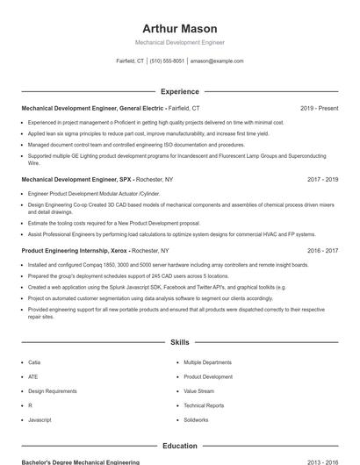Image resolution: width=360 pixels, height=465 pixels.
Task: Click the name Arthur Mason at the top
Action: (179, 28)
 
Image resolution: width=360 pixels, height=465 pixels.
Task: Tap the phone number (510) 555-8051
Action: (167, 61)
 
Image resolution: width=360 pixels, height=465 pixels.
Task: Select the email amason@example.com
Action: (217, 61)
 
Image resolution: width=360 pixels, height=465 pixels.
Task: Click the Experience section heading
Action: (179, 91)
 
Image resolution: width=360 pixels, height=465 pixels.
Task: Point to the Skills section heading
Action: (179, 341)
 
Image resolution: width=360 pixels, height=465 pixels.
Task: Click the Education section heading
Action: (179, 446)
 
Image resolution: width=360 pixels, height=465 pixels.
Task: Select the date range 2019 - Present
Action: (319, 108)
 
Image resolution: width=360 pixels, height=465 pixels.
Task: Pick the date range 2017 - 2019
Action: (322, 179)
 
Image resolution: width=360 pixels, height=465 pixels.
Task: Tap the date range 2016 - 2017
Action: (322, 250)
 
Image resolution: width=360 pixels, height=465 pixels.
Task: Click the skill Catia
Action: (34, 361)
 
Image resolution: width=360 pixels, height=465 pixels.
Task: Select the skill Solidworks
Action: (196, 420)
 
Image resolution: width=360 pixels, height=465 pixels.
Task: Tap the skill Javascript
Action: (40, 420)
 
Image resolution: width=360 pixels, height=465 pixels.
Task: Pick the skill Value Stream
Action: (198, 390)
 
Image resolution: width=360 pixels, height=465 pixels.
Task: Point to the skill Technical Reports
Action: (204, 405)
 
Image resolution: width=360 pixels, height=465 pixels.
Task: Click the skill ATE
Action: (33, 376)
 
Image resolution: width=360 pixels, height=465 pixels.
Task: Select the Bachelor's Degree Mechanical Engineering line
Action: (80, 461)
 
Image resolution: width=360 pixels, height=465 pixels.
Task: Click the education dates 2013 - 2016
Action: (322, 461)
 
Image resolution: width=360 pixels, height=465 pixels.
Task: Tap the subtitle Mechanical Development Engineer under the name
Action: (179, 42)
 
